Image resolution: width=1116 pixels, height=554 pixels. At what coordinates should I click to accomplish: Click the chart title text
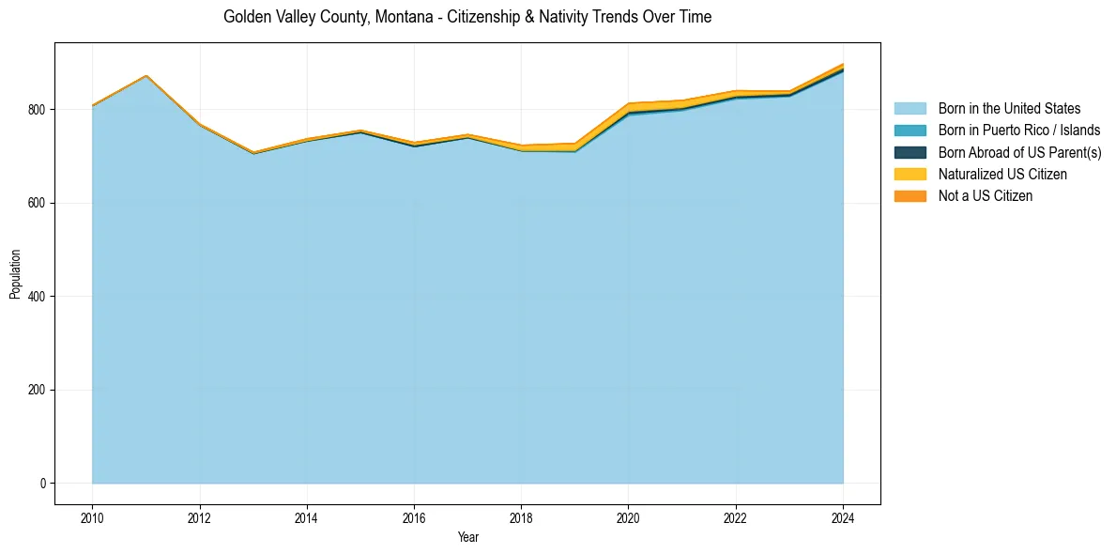467,17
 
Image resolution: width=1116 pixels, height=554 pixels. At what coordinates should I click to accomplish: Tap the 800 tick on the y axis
38,110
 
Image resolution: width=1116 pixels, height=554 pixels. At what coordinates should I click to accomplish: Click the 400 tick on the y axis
38,297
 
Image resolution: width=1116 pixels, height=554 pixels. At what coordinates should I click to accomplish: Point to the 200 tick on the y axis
38,390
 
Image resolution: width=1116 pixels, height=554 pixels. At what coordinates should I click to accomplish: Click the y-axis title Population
15,274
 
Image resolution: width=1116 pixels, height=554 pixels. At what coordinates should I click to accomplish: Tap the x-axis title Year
467,537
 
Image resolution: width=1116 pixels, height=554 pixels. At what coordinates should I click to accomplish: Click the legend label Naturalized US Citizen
1002,175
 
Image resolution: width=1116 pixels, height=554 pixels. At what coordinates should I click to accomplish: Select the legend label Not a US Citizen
985,196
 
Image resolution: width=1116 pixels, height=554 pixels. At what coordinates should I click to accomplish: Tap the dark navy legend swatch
910,152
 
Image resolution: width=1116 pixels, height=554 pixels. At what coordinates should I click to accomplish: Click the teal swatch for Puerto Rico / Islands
910,131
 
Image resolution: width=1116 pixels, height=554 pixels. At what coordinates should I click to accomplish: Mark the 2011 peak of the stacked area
145,75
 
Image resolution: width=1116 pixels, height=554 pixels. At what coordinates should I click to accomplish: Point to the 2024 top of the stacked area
843,64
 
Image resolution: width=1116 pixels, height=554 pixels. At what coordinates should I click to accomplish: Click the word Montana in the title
400,17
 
